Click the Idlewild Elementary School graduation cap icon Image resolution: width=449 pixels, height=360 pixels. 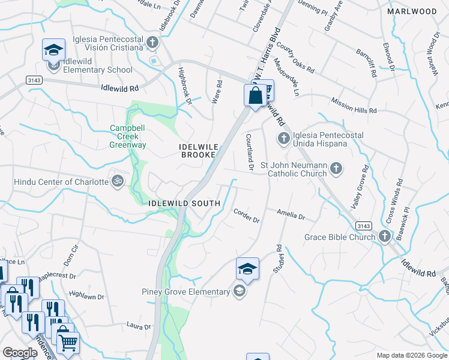coord(54,50)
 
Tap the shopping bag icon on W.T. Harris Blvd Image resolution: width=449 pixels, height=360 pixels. coord(255,95)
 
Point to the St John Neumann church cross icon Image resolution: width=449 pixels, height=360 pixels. coord(336,168)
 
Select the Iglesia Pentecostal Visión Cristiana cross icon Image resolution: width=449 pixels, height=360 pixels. coord(152,43)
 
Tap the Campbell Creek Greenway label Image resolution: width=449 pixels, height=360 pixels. coord(127,136)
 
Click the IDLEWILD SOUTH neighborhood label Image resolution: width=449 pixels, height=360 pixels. coord(185,203)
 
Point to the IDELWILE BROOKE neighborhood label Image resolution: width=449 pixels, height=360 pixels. coord(197,151)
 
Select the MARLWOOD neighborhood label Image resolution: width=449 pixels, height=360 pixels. coord(412,11)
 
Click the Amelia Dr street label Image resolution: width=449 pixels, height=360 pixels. coord(291,213)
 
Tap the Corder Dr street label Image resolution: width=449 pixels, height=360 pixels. coord(246,216)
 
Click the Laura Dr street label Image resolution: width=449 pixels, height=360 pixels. coord(139,326)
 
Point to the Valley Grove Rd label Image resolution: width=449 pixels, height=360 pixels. coord(361,186)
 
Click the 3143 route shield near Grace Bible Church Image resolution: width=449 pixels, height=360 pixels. coord(363,225)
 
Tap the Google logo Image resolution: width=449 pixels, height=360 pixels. coord(19,353)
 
